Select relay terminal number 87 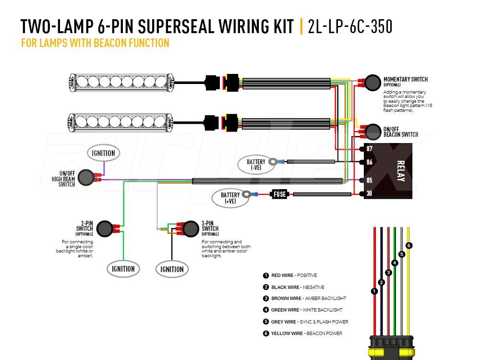[369, 149]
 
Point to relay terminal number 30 [369, 193]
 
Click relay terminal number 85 [369, 180]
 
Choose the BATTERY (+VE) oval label [230, 198]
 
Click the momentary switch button [372, 83]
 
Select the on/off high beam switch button [86, 178]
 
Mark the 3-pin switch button [191, 228]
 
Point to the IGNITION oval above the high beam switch [103, 153]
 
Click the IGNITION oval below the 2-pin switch [123, 269]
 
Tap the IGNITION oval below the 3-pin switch [171, 269]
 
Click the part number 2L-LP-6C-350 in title [350, 27]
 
